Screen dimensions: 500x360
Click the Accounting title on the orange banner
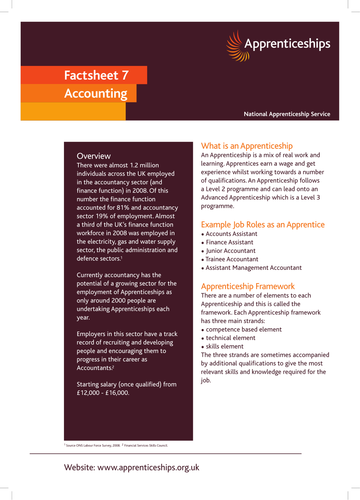click(89, 93)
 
